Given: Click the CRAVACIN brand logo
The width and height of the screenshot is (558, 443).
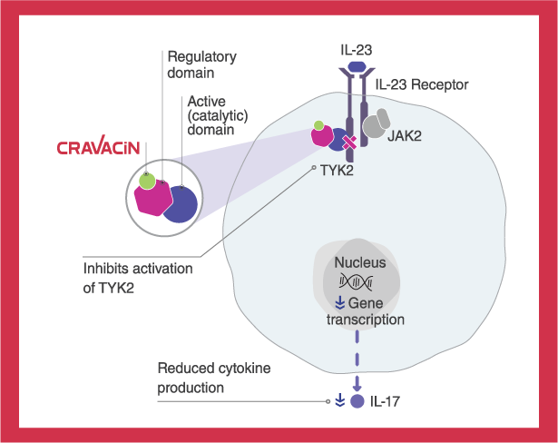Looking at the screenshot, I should point(100,148).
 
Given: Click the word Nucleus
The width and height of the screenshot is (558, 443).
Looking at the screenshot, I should point(360,262).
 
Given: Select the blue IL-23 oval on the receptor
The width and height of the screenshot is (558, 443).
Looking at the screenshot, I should point(357,67).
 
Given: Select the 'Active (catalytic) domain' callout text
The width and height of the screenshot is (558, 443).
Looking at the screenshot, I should point(213,114).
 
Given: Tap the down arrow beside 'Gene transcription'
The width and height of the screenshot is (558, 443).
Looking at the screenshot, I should point(339,302).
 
